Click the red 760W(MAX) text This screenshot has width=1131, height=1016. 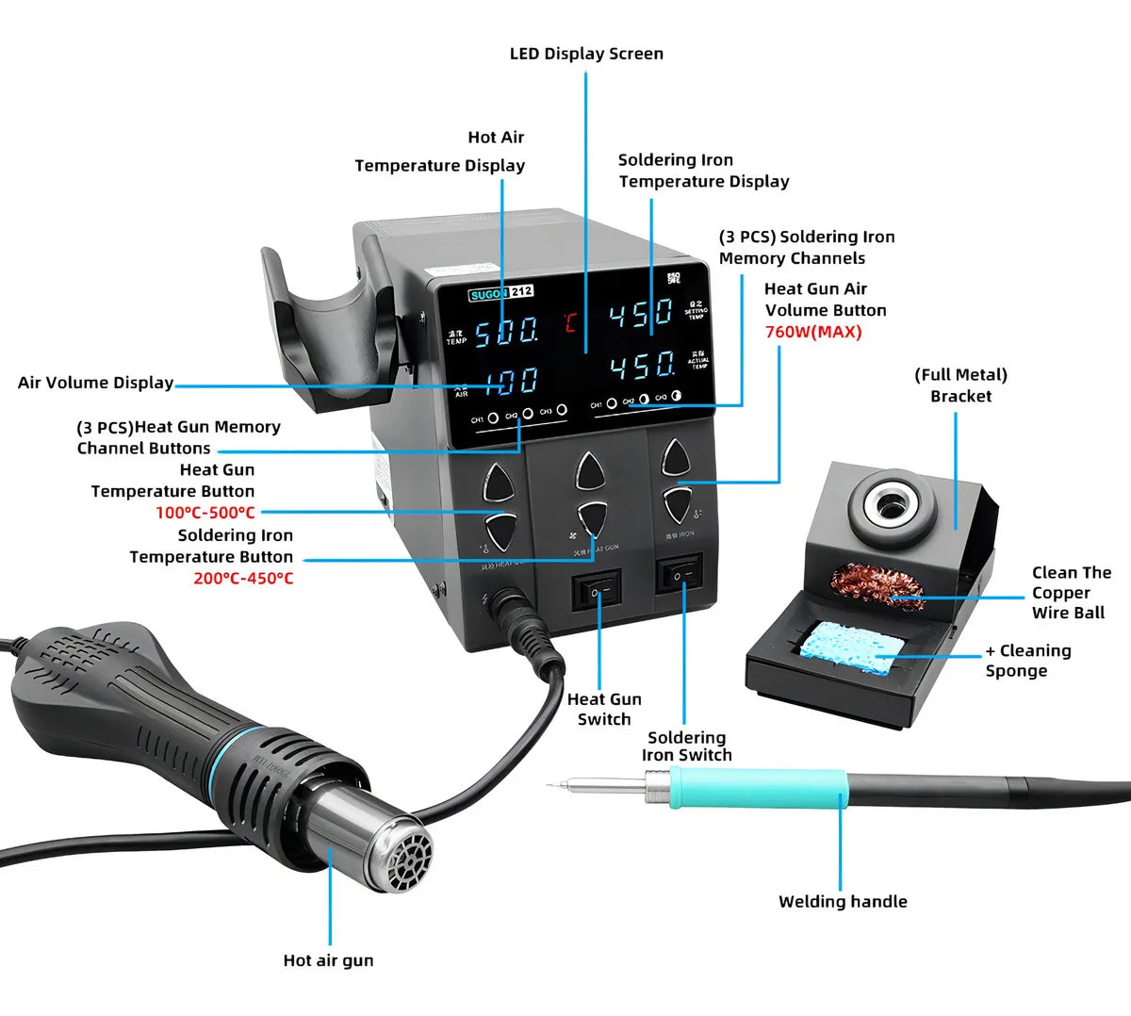(x=812, y=332)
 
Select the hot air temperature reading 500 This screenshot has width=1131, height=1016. (x=506, y=332)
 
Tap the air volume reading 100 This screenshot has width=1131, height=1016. (x=512, y=381)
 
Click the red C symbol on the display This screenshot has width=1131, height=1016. (x=571, y=323)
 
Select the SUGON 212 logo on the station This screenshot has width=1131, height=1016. (x=500, y=292)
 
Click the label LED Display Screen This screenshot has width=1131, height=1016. (x=586, y=54)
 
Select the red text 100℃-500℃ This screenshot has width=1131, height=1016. (x=205, y=513)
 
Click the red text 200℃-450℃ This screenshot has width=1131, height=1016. (x=243, y=579)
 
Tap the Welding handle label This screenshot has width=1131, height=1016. (x=843, y=902)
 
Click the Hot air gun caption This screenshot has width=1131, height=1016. (x=328, y=960)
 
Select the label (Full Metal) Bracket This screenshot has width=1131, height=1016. (x=960, y=385)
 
